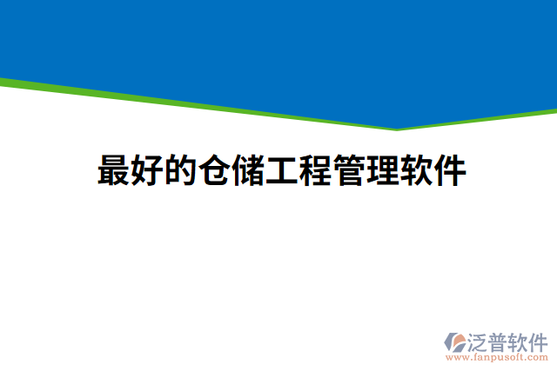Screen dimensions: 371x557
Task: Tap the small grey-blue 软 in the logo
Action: pyautogui.click(x=520, y=341)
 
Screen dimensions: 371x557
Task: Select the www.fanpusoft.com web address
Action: pyautogui.click(x=496, y=356)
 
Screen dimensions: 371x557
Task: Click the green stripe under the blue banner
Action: pyautogui.click(x=174, y=101)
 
